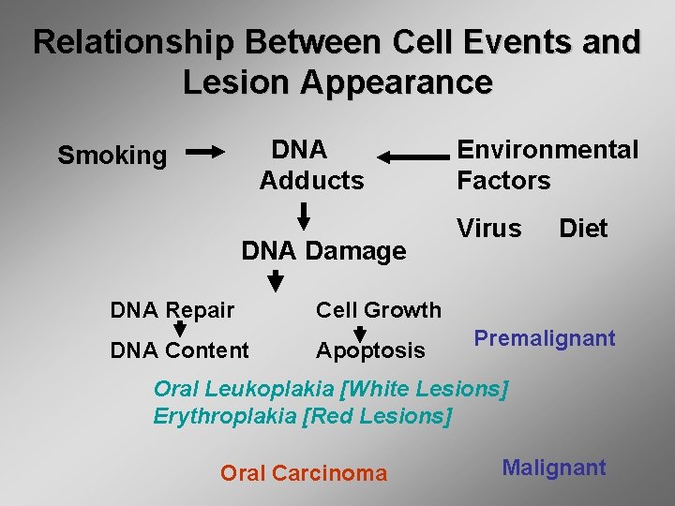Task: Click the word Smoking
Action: click(x=112, y=156)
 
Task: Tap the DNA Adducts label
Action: click(x=311, y=165)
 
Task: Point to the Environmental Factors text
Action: click(x=547, y=165)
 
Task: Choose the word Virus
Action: click(x=488, y=229)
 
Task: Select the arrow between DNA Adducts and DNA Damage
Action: click(x=303, y=215)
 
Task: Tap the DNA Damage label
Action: click(x=323, y=251)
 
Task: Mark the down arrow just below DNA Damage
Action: click(x=275, y=279)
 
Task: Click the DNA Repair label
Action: click(x=172, y=310)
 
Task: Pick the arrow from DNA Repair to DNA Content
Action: click(x=178, y=330)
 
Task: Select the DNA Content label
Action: click(x=179, y=350)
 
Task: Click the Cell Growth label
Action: click(x=378, y=310)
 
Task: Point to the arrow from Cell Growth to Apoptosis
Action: click(x=359, y=332)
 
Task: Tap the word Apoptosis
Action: click(x=370, y=350)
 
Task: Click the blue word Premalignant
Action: click(x=544, y=338)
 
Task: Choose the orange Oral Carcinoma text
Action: click(x=303, y=473)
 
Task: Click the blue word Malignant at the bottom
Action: click(x=553, y=468)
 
